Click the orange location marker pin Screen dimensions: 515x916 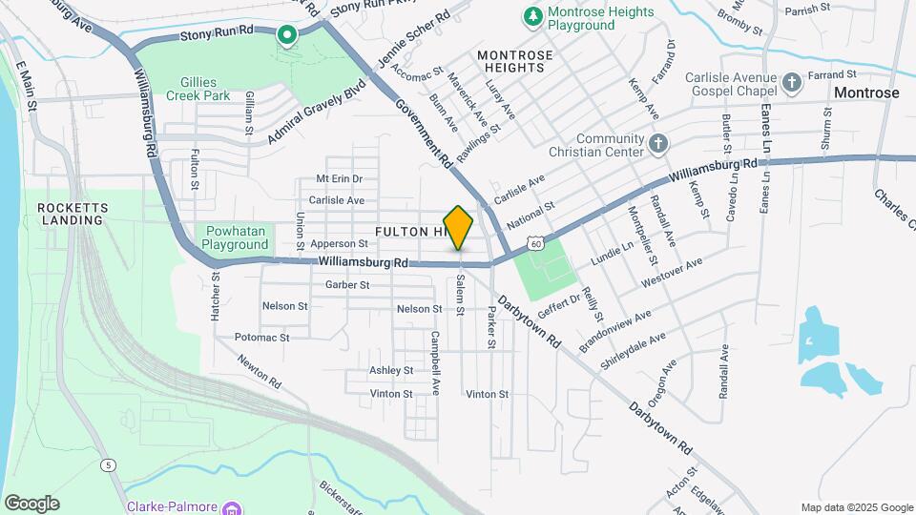459,227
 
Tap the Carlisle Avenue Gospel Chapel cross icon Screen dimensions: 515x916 792,83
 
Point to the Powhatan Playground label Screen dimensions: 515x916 235,237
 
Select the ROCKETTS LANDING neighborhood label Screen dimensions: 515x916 70,214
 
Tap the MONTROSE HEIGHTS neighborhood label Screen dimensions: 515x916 515,62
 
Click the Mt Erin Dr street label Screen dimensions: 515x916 341,178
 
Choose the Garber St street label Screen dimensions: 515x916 347,284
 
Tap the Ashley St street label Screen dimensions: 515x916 391,370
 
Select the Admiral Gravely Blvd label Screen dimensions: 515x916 317,117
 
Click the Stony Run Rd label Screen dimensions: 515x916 217,33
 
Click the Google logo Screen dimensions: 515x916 31,504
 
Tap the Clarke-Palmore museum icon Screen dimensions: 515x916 232,507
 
